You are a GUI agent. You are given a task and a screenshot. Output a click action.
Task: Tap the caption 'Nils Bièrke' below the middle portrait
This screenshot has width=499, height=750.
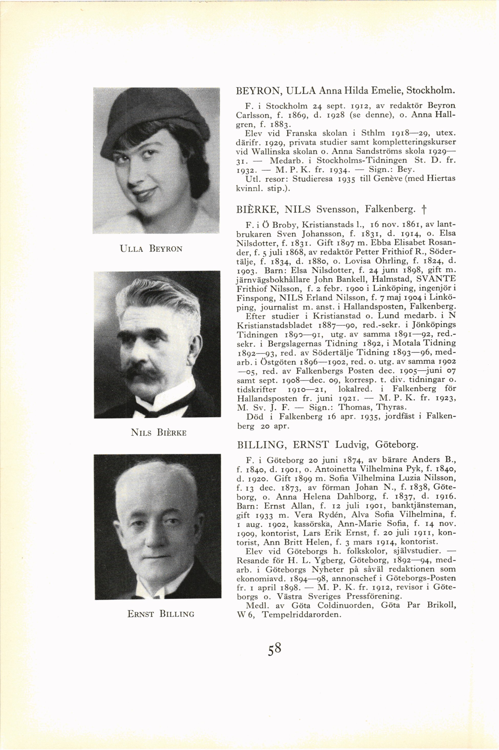159,433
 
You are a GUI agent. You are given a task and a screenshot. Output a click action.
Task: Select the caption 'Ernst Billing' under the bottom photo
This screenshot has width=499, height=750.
161,614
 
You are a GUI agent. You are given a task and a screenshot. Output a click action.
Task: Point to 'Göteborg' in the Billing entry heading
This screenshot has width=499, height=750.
396,445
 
